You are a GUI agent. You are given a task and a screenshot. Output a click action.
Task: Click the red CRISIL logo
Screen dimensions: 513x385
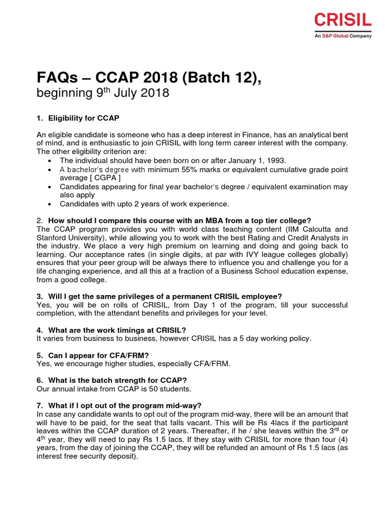pyautogui.click(x=343, y=21)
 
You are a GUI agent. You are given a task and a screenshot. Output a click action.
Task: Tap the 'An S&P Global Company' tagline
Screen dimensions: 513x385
pyautogui.click(x=343, y=36)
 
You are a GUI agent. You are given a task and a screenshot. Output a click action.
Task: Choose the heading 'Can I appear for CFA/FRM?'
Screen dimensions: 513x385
pyautogui.click(x=98, y=355)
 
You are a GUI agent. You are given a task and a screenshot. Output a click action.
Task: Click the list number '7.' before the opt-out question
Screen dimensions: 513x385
pyautogui.click(x=40, y=405)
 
